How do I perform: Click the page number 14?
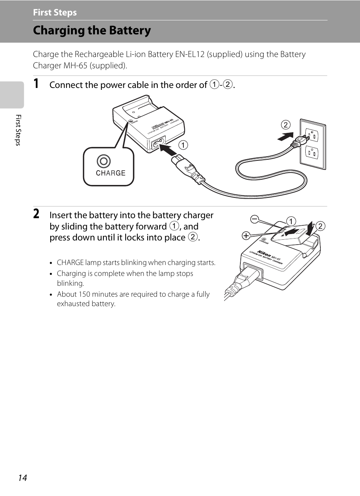pos(23,478)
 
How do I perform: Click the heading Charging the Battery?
pos(92,30)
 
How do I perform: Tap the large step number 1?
pos(36,83)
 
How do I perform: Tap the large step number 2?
pos(36,214)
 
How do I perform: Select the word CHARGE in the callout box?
pos(111,173)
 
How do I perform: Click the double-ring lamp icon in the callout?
pos(104,161)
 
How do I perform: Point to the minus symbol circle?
pos(255,219)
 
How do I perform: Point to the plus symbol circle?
pos(246,236)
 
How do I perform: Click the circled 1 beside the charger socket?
pos(183,145)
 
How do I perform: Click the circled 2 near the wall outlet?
pos(286,125)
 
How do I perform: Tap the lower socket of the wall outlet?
pos(312,152)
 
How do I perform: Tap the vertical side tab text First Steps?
pos(18,130)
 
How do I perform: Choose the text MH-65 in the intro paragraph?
pos(75,66)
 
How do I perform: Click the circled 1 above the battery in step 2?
pos(291,221)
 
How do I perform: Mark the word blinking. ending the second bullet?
pos(71,283)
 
